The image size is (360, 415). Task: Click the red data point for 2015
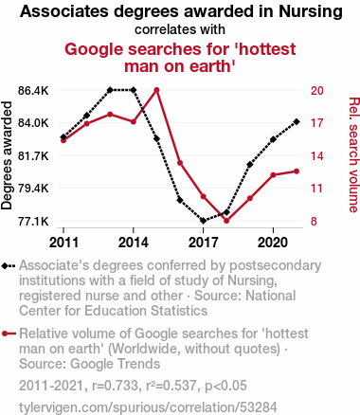click(x=156, y=90)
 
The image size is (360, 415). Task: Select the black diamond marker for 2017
click(x=204, y=221)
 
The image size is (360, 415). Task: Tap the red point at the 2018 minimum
click(x=226, y=221)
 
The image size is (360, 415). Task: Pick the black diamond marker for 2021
click(x=297, y=121)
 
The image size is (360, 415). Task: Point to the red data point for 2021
click(x=297, y=171)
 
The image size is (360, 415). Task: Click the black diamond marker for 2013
click(x=110, y=90)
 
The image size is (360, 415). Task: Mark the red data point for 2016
click(x=180, y=163)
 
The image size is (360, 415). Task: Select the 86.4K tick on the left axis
click(x=33, y=91)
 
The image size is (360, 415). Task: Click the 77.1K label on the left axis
click(x=33, y=222)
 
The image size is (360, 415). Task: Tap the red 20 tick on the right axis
click(x=317, y=91)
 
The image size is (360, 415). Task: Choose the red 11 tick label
click(x=317, y=189)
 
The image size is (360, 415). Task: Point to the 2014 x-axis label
click(x=134, y=243)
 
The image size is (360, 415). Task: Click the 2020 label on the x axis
click(x=273, y=243)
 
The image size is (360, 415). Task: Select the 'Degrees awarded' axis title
click(x=7, y=155)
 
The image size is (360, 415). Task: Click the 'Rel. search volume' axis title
click(x=353, y=154)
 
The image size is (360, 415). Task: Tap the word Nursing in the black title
click(x=311, y=11)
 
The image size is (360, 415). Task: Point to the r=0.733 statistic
click(x=115, y=386)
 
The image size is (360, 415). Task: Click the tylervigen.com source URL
click(x=148, y=407)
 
